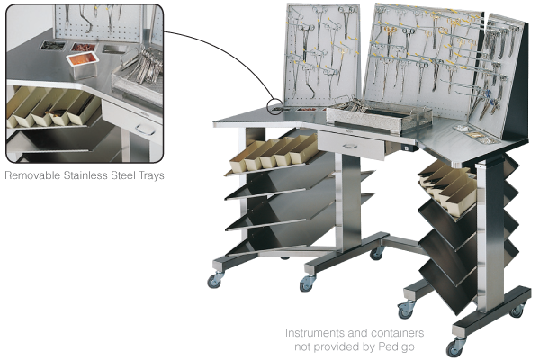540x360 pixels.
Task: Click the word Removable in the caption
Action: [33, 175]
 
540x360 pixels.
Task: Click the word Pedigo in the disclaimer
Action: [396, 346]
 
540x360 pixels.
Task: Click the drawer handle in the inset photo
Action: [143, 130]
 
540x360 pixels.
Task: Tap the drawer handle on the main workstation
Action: [350, 146]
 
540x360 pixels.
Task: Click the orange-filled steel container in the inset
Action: [83, 65]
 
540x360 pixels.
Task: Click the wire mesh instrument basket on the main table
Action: [379, 116]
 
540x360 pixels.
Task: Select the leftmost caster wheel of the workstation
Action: [214, 281]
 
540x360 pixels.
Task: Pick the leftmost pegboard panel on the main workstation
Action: [321, 56]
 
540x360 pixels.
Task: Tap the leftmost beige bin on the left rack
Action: [241, 159]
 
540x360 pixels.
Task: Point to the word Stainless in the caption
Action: [85, 175]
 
